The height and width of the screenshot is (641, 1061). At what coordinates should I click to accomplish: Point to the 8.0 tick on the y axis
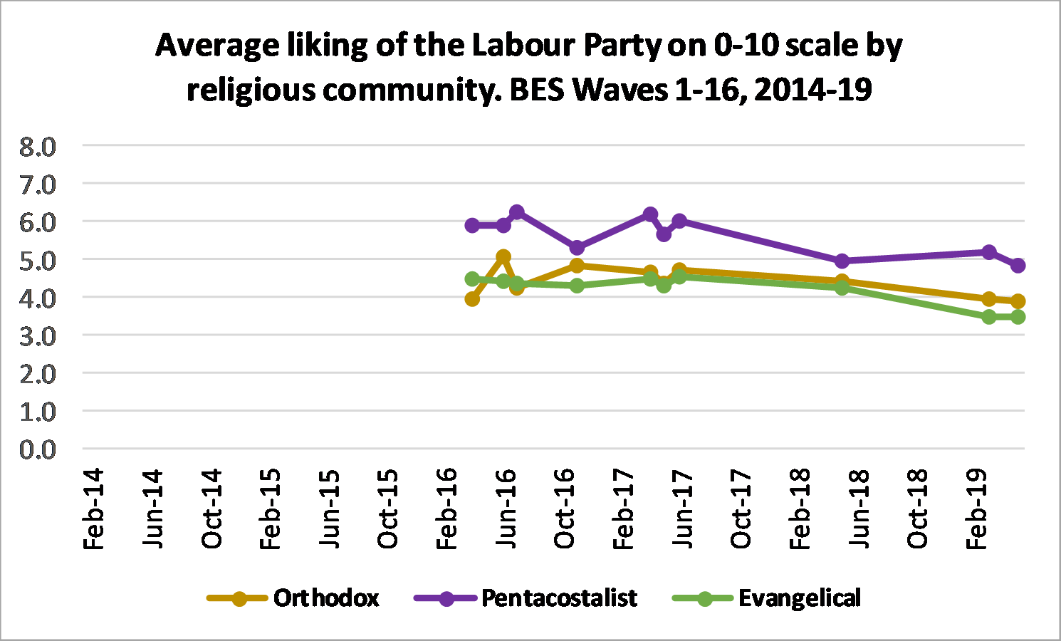pyautogui.click(x=38, y=147)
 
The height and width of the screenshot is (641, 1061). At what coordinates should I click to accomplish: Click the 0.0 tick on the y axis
pyautogui.click(x=38, y=449)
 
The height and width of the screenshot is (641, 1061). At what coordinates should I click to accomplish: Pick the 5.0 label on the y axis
pyautogui.click(x=38, y=261)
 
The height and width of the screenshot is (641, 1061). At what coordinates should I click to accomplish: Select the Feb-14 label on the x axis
pyautogui.click(x=94, y=509)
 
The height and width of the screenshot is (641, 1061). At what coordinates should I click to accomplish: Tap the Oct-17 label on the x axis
pyautogui.click(x=741, y=509)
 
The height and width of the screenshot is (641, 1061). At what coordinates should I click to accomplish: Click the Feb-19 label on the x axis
pyautogui.click(x=976, y=509)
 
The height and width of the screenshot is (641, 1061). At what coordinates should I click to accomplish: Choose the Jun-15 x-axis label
pyautogui.click(x=329, y=509)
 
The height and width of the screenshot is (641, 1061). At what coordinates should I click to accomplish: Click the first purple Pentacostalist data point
pyautogui.click(x=472, y=225)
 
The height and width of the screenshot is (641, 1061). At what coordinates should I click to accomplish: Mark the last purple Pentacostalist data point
pyautogui.click(x=1018, y=265)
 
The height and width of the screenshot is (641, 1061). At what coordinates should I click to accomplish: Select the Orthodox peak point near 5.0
pyautogui.click(x=503, y=256)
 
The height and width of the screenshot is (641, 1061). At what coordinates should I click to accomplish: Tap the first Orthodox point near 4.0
pyautogui.click(x=472, y=299)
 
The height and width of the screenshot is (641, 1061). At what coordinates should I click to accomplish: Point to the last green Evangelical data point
pyautogui.click(x=1018, y=316)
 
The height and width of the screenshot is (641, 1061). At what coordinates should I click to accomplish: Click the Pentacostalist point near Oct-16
pyautogui.click(x=577, y=248)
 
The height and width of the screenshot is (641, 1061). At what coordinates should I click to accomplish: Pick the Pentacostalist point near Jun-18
pyautogui.click(x=842, y=261)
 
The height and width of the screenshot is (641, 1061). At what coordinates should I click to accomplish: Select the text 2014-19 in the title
pyautogui.click(x=812, y=90)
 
